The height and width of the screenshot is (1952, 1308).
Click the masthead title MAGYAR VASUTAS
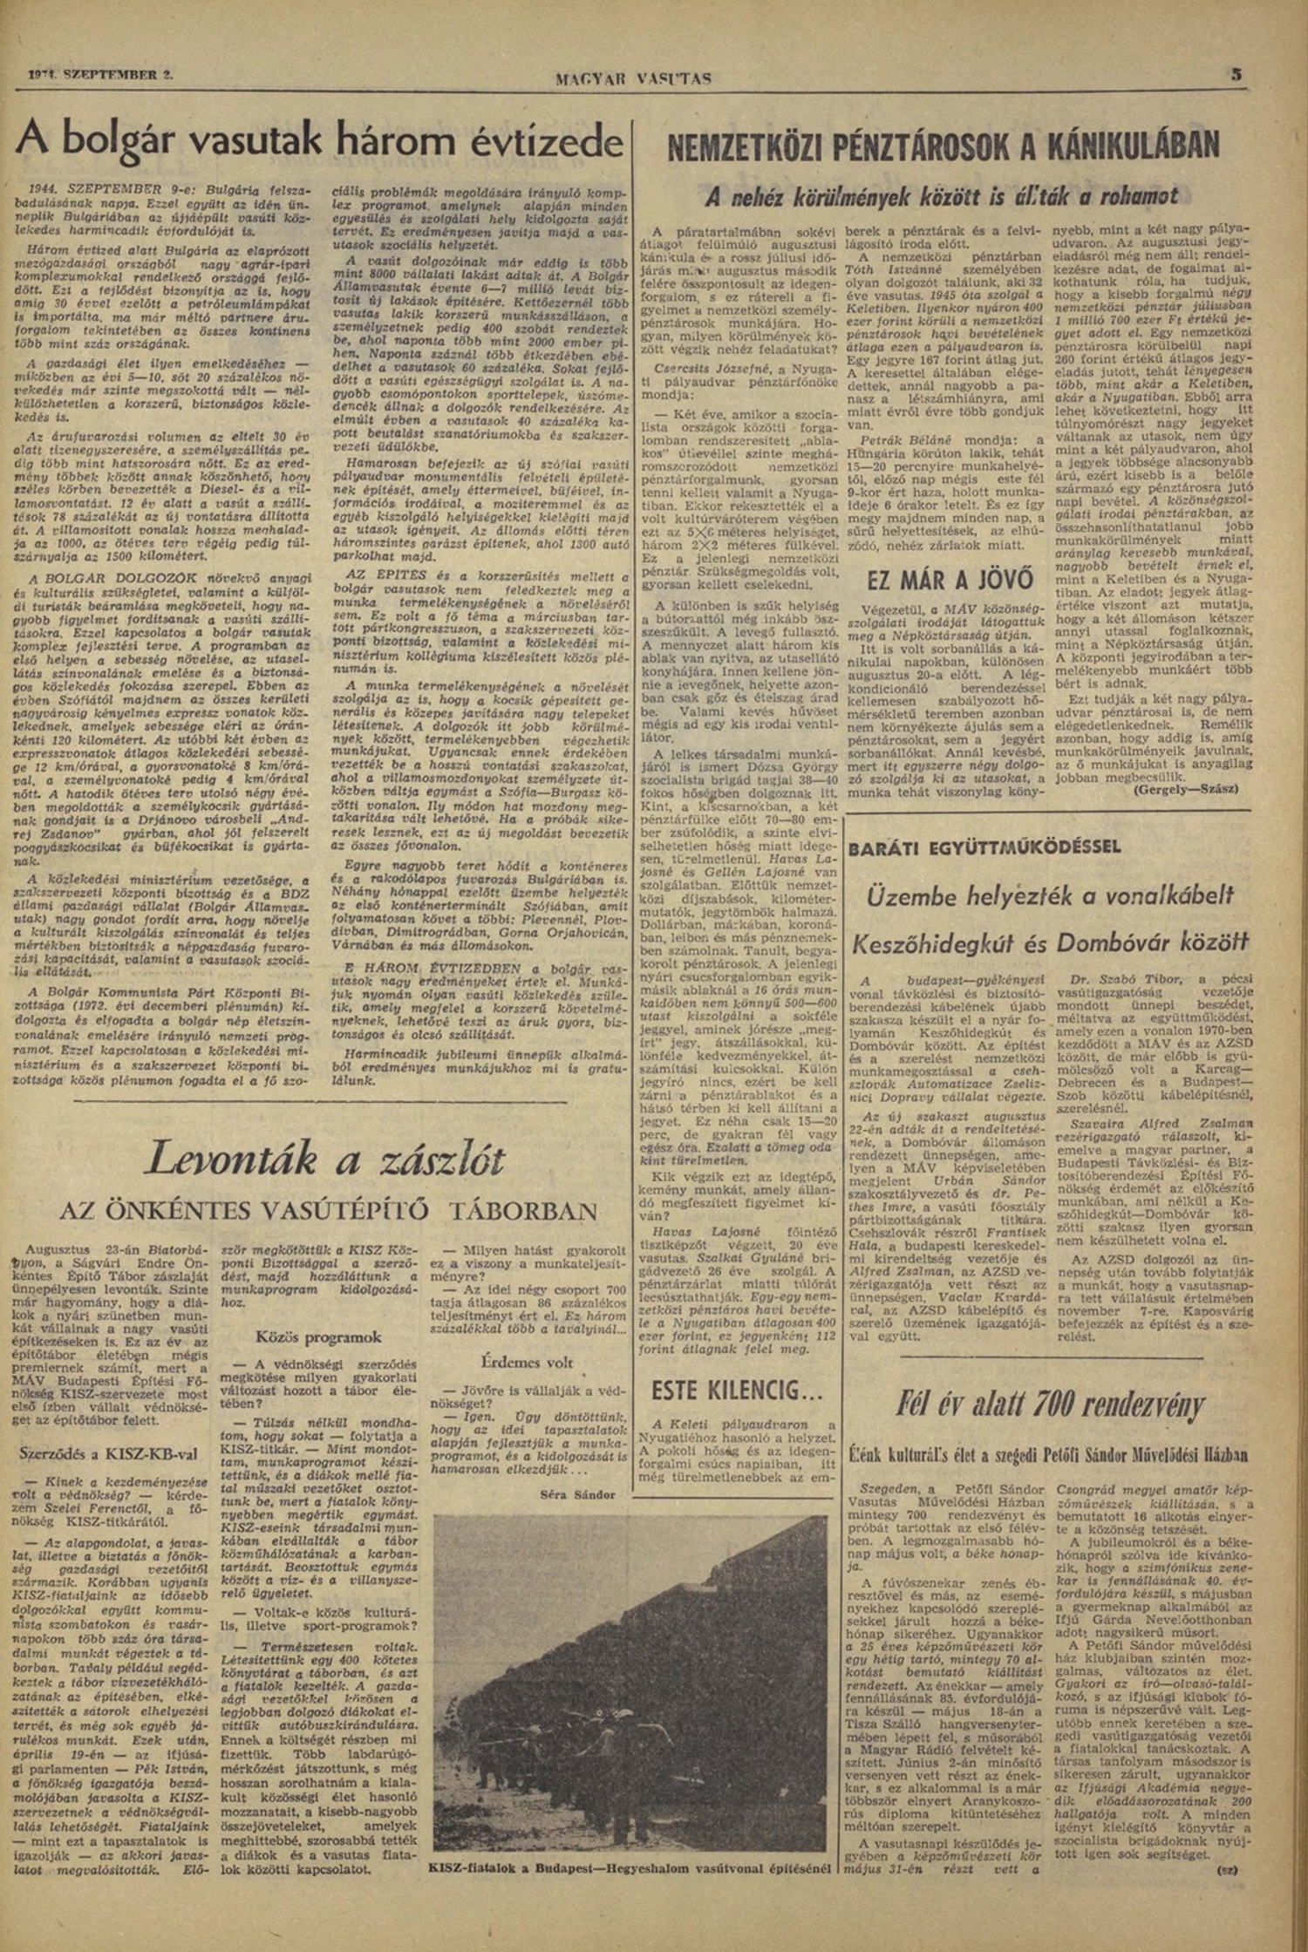pyautogui.click(x=632, y=79)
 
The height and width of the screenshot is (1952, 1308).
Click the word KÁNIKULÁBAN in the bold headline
pyautogui.click(x=1121, y=146)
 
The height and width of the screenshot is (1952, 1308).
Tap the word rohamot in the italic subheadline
pyautogui.click(x=1131, y=197)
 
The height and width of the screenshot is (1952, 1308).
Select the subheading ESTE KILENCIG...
pyautogui.click(x=720, y=1387)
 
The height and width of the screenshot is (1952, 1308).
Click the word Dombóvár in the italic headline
pyautogui.click(x=1113, y=942)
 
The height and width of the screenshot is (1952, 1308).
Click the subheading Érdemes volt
pyautogui.click(x=527, y=1363)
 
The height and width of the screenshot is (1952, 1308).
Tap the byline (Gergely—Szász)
pyautogui.click(x=1187, y=786)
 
